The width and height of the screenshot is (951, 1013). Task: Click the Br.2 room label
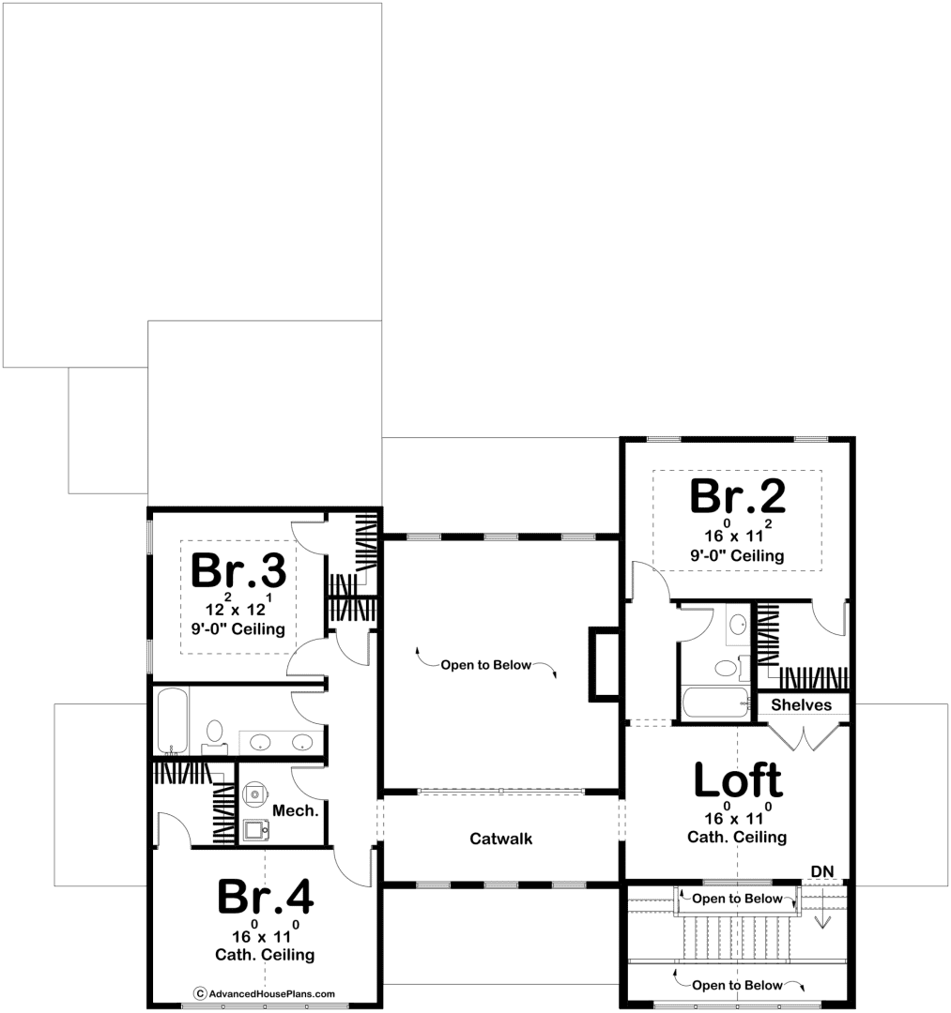[x=738, y=495]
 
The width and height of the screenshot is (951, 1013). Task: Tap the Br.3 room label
[x=238, y=570]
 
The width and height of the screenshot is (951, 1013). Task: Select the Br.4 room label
[x=265, y=896]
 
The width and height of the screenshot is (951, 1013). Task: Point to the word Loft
[x=738, y=779]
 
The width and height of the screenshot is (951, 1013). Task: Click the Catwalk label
[x=501, y=839]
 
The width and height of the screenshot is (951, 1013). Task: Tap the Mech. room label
[x=296, y=810]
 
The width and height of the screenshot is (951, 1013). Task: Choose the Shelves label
[x=801, y=704]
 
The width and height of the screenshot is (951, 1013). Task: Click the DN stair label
[x=822, y=871]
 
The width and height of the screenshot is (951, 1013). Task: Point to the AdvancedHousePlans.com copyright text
[x=265, y=993]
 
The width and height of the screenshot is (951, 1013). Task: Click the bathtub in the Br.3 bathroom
[x=172, y=721]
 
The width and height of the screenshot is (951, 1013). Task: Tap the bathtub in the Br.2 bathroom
[x=715, y=703]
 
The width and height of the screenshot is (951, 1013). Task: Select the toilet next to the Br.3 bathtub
[x=215, y=737]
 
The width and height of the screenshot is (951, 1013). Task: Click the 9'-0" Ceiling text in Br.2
[x=737, y=555]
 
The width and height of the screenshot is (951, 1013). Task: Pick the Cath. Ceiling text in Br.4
[x=265, y=954]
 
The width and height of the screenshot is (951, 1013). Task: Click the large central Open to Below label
[x=486, y=665]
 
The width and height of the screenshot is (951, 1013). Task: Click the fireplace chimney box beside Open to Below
[x=605, y=664]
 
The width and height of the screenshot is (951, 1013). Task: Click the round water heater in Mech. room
[x=255, y=794]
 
